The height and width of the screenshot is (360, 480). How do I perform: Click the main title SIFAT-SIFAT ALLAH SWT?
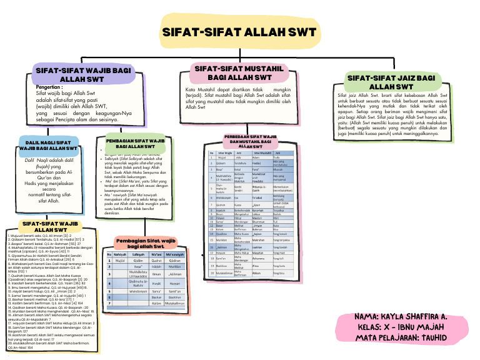tap(240, 32)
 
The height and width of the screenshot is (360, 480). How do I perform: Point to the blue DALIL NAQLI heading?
tap(49, 146)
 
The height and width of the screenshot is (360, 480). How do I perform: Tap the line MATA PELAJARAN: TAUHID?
tap(401, 338)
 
